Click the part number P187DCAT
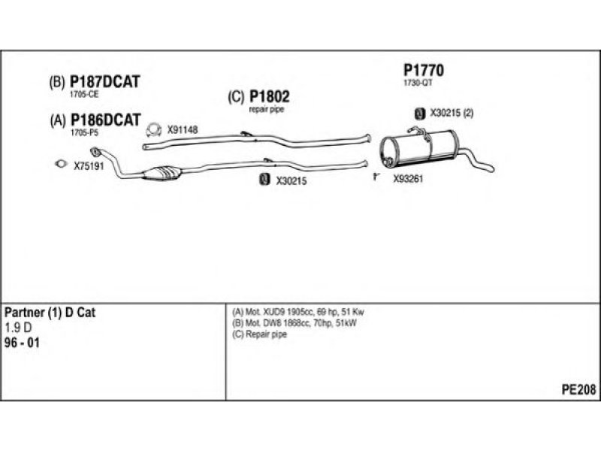tap(104, 83)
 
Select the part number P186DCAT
tap(104, 120)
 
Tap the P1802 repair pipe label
tap(269, 97)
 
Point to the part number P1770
tap(424, 71)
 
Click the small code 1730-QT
tap(418, 83)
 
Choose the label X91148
tap(183, 129)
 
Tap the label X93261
tap(409, 179)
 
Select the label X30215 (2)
tap(452, 114)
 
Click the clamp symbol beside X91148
tap(154, 129)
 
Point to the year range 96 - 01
tap(23, 343)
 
